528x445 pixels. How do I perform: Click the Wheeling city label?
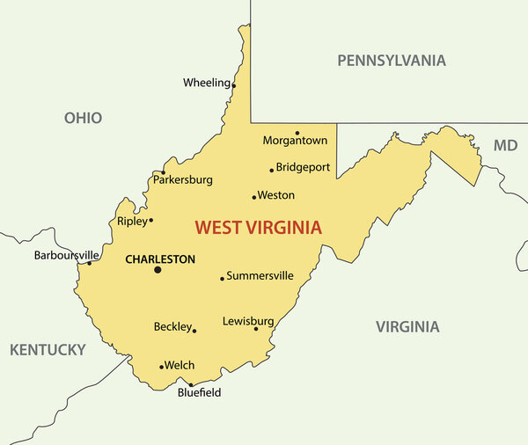point(206,83)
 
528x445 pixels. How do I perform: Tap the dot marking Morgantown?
point(297,133)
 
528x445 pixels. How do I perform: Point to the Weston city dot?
point(254,197)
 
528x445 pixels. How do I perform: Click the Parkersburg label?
point(183,179)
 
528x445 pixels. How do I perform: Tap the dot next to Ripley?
point(150,220)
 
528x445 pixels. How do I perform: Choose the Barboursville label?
point(67,255)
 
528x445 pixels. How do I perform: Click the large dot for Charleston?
point(158,270)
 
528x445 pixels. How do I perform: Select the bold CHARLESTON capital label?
point(160,259)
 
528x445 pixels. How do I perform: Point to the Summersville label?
point(260,276)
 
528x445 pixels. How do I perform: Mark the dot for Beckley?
point(194,331)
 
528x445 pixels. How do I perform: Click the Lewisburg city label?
point(248,321)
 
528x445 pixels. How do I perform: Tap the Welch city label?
point(180,365)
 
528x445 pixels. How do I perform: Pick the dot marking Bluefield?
point(191,384)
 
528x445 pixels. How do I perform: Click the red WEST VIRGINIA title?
point(258,228)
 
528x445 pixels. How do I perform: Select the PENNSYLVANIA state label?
point(392,61)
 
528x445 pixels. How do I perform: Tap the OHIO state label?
point(83,118)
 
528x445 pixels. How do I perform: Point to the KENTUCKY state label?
point(48,350)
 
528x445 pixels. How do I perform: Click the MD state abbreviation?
point(505,145)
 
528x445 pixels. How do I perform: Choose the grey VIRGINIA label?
point(407,327)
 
